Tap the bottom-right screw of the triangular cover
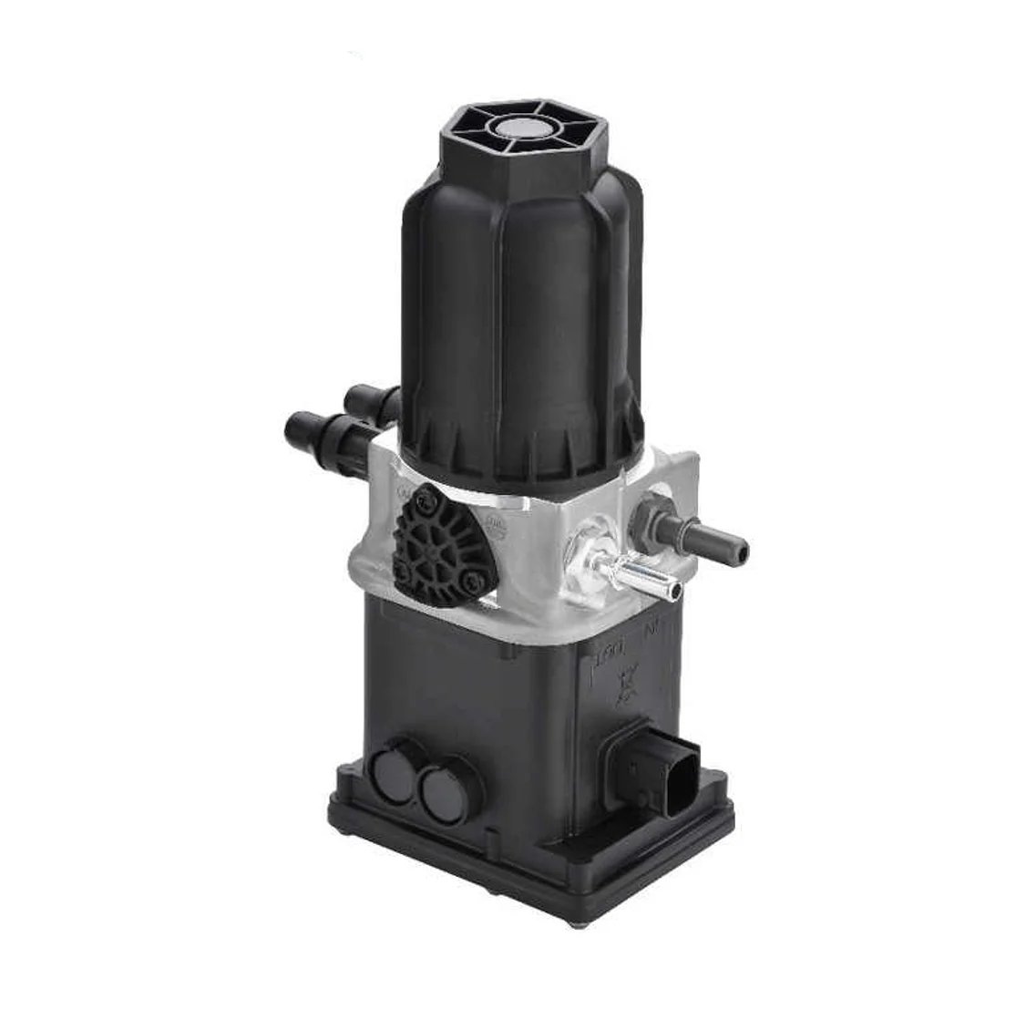click(471, 577)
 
